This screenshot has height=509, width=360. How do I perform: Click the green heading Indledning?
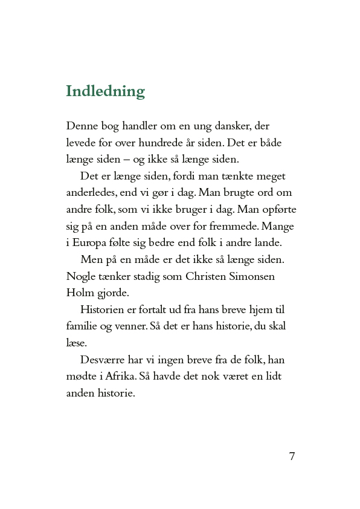tap(105, 91)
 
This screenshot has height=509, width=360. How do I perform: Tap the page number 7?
tap(292, 456)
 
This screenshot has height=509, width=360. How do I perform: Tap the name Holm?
tap(79, 291)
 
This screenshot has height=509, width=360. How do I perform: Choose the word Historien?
tap(103, 310)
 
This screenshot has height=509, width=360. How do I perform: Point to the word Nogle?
tap(81, 275)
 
